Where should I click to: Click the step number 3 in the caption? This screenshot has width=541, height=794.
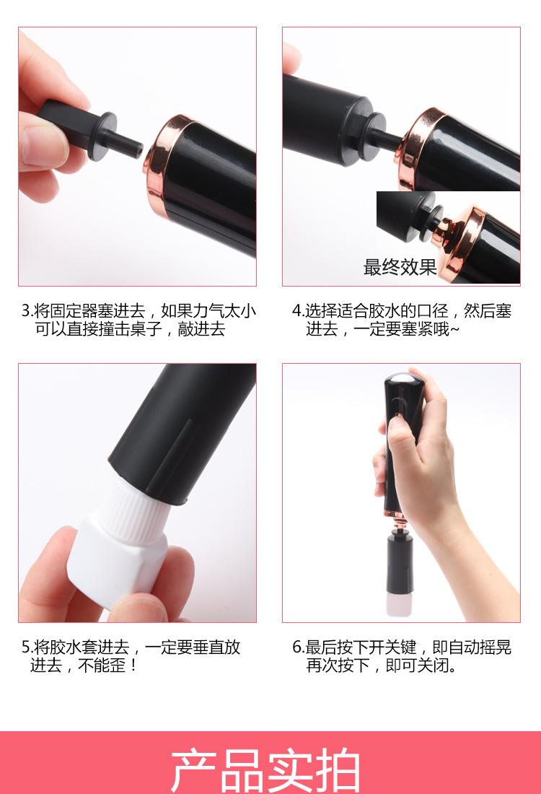(x=25, y=310)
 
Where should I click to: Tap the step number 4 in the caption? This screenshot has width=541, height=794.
(x=296, y=310)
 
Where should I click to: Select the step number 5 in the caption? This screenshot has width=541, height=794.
(x=25, y=647)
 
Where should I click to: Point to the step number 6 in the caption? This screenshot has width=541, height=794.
(x=296, y=647)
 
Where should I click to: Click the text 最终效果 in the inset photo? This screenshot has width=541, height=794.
(x=400, y=267)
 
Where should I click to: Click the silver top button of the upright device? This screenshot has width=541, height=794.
(x=402, y=379)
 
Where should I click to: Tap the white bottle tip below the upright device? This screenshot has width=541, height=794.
(x=398, y=605)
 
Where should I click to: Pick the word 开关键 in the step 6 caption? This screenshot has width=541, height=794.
(x=392, y=647)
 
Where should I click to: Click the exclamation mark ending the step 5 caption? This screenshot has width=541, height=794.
(x=133, y=666)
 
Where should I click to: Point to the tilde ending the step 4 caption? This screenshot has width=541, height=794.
(x=454, y=329)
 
